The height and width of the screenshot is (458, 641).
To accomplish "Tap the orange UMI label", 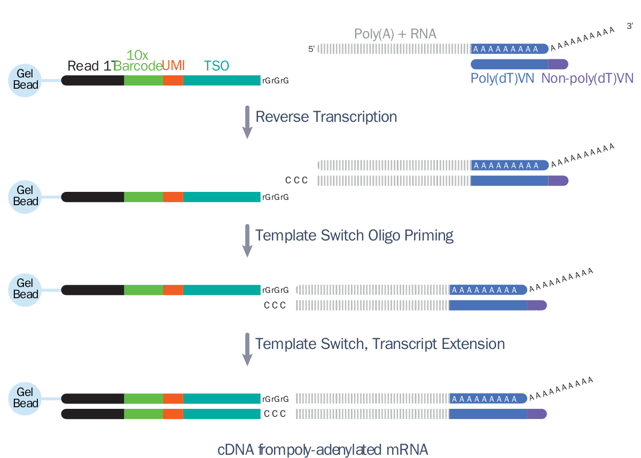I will point(174,66).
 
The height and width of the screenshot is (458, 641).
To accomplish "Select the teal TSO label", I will point(216,66).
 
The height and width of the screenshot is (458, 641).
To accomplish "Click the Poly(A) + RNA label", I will point(395,34).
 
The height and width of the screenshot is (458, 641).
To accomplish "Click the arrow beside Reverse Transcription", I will point(247,122).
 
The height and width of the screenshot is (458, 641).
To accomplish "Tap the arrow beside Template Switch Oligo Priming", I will point(247,240).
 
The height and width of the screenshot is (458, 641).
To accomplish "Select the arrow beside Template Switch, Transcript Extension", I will point(247,349).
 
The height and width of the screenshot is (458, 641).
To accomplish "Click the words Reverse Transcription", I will point(326,117).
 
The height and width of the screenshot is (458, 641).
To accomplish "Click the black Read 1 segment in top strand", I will point(93,80).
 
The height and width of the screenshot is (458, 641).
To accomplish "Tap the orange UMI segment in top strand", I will point(173,80).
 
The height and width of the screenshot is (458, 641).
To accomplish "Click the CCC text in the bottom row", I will point(275,414).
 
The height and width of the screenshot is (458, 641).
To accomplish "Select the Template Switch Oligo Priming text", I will point(354,235).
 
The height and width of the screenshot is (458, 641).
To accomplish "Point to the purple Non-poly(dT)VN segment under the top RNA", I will point(558,64).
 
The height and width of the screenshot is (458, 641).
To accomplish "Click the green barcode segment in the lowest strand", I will point(144,414).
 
